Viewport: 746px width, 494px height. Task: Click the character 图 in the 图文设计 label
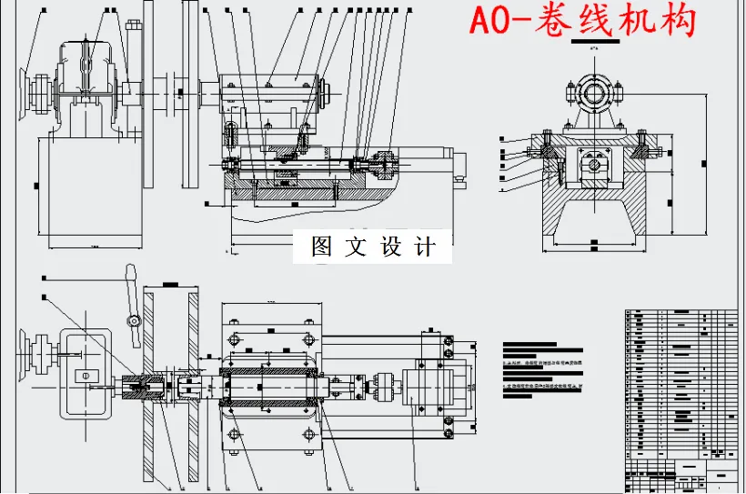pyautogui.click(x=321, y=247)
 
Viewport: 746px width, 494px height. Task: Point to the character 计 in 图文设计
pyautogui.click(x=425, y=247)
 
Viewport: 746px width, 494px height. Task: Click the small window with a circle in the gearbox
pyautogui.click(x=83, y=376)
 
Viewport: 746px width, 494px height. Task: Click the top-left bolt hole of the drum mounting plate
pyautogui.click(x=236, y=340)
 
